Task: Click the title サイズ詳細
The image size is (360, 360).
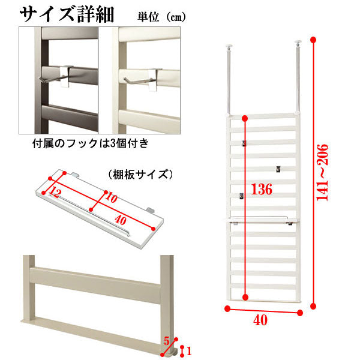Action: pyautogui.click(x=67, y=14)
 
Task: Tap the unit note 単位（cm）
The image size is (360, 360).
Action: pyautogui.click(x=161, y=17)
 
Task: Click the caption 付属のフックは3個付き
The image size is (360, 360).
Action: pyautogui.click(x=91, y=143)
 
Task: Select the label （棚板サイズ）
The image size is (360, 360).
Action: pyautogui.click(x=140, y=175)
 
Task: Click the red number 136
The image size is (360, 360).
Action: pyautogui.click(x=262, y=190)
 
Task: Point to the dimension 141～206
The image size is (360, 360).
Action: pyautogui.click(x=322, y=172)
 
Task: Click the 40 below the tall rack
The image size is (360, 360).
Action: pyautogui.click(x=260, y=320)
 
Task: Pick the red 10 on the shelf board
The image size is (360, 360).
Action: pyautogui.click(x=112, y=197)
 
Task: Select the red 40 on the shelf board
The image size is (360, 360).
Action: pyautogui.click(x=121, y=220)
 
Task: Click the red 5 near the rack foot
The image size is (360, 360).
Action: pyautogui.click(x=166, y=341)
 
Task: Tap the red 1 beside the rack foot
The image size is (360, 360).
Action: pyautogui.click(x=189, y=351)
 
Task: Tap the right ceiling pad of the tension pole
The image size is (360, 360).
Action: pyautogui.click(x=298, y=43)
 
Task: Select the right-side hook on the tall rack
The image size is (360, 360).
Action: pyautogui.click(x=278, y=169)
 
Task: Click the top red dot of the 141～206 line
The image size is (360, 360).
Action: pyautogui.click(x=313, y=40)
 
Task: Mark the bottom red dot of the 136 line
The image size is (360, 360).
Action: pyautogui.click(x=245, y=298)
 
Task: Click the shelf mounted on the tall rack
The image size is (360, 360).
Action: pyautogui.click(x=263, y=220)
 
